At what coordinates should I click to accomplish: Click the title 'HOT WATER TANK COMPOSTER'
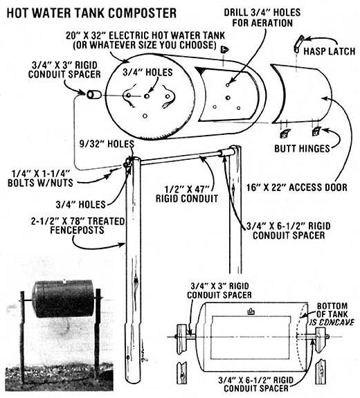tap(91, 12)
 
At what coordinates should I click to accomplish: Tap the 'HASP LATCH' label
tap(330, 51)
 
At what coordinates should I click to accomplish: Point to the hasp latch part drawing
tap(299, 44)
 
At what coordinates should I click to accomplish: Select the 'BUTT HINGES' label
tap(302, 148)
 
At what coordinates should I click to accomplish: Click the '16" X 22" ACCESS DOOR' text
tap(297, 188)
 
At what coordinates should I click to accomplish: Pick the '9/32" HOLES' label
tap(107, 144)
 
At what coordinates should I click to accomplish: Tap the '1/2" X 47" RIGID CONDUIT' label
tap(187, 194)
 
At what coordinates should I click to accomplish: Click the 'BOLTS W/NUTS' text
tap(40, 183)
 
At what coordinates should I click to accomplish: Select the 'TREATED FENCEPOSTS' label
tap(78, 226)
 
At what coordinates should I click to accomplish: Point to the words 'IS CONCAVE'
tap(332, 323)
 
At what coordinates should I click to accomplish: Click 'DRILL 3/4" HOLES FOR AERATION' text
tap(262, 17)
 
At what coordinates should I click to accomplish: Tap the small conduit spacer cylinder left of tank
tap(93, 95)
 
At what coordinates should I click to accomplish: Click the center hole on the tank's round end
tap(147, 96)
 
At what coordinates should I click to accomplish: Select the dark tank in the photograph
tap(64, 299)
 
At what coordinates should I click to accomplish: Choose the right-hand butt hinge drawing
tap(316, 132)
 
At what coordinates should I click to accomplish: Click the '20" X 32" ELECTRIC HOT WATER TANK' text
tap(145, 35)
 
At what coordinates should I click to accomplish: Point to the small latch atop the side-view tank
tap(251, 311)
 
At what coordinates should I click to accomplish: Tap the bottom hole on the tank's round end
tap(145, 116)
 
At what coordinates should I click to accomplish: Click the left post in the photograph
tap(23, 338)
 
